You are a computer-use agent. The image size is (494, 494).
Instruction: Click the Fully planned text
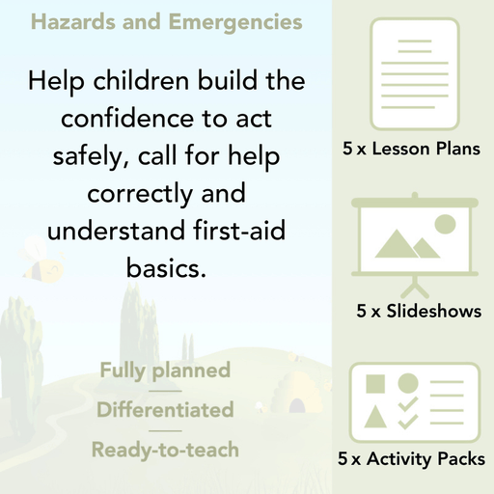(x=165, y=370)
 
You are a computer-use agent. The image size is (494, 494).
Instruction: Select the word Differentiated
(x=165, y=410)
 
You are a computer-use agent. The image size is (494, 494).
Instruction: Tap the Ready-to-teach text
(x=165, y=450)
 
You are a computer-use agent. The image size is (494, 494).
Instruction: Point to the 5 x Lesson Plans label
(x=412, y=150)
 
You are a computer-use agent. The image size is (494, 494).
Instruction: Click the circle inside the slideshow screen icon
(x=445, y=226)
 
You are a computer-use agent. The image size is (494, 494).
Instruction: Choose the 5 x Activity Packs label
(x=412, y=461)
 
